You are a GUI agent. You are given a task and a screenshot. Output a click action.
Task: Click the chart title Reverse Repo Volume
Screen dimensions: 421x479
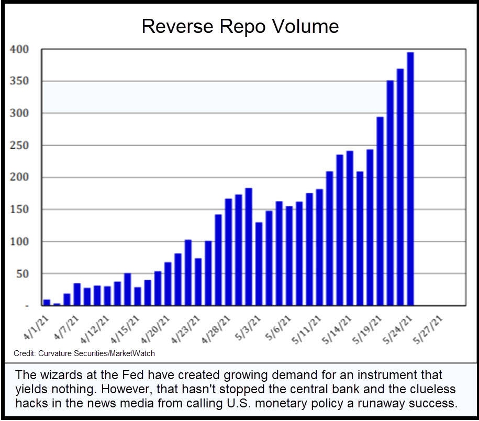[240, 26]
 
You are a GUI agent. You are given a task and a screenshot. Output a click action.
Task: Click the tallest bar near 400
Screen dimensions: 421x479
[410, 178]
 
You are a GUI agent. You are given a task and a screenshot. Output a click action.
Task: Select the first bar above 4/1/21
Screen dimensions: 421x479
[47, 302]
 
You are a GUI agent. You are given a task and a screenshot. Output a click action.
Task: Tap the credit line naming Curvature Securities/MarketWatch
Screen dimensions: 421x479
[84, 353]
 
